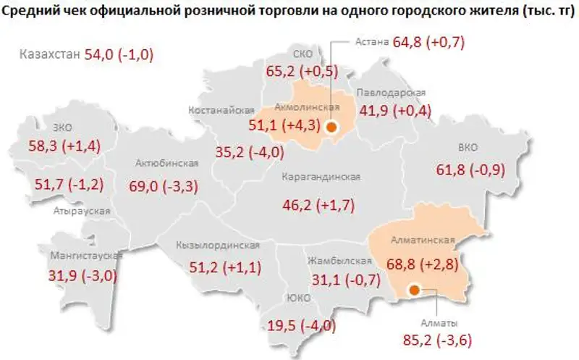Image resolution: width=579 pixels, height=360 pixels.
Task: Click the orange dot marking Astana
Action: (x=331, y=127)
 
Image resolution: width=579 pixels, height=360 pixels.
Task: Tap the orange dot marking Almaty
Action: (x=413, y=290)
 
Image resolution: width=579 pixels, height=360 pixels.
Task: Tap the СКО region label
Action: (x=303, y=54)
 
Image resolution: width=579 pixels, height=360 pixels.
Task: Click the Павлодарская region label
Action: (x=391, y=93)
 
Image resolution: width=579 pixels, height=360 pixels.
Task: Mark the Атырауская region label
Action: (x=82, y=212)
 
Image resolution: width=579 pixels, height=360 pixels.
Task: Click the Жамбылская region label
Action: (x=334, y=260)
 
